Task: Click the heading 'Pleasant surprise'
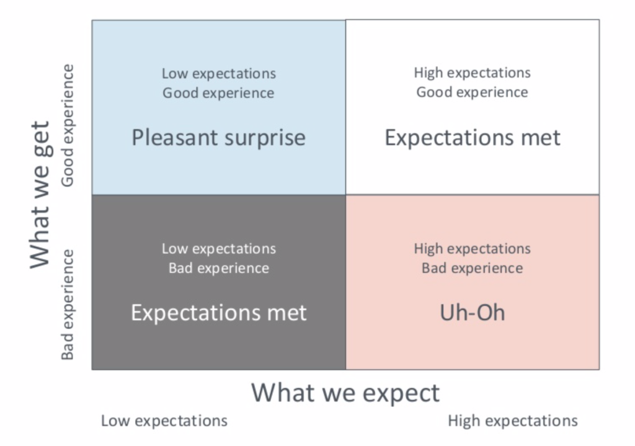point(219,138)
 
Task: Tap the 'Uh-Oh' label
point(473,313)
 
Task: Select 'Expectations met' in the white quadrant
point(473,138)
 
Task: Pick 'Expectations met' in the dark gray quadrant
point(219,313)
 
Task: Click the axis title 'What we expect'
point(345,393)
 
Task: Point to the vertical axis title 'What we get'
point(40,194)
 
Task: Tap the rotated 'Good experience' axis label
point(68,125)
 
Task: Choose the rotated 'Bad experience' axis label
point(68,305)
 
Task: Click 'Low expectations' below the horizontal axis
point(164,421)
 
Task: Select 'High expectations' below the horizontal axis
point(513,421)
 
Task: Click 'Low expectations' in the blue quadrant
point(219,74)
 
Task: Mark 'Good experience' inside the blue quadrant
point(218,93)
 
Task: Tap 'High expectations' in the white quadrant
point(472,73)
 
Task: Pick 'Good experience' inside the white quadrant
point(472,92)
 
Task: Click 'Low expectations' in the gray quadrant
point(219,249)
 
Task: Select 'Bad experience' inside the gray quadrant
point(219,268)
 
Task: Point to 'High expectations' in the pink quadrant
point(472,249)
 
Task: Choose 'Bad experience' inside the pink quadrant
point(472,268)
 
